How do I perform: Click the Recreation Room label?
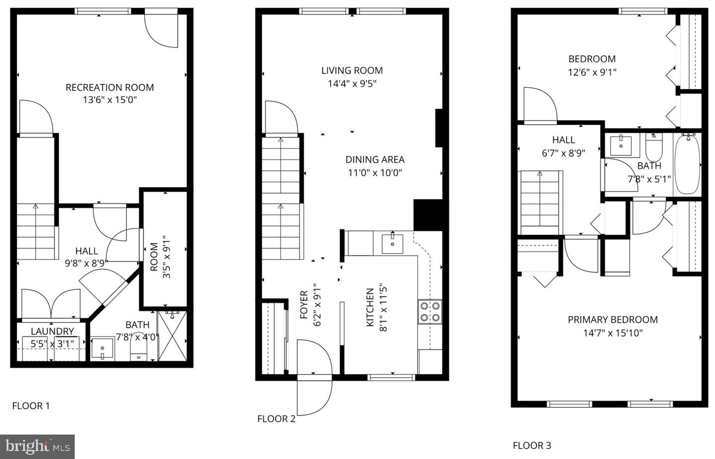click(x=110, y=87)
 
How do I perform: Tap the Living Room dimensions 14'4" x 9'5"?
click(x=352, y=84)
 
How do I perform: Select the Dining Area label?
click(x=375, y=159)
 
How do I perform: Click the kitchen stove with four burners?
click(x=429, y=312)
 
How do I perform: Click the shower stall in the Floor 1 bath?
click(x=172, y=336)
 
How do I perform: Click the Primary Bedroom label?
click(x=613, y=320)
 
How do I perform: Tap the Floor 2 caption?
click(x=276, y=419)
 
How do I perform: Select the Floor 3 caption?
click(x=532, y=446)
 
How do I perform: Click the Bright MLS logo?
click(x=38, y=447)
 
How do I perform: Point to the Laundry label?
click(x=52, y=331)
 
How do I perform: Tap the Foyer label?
click(x=304, y=304)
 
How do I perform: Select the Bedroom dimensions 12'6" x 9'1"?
click(x=592, y=72)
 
